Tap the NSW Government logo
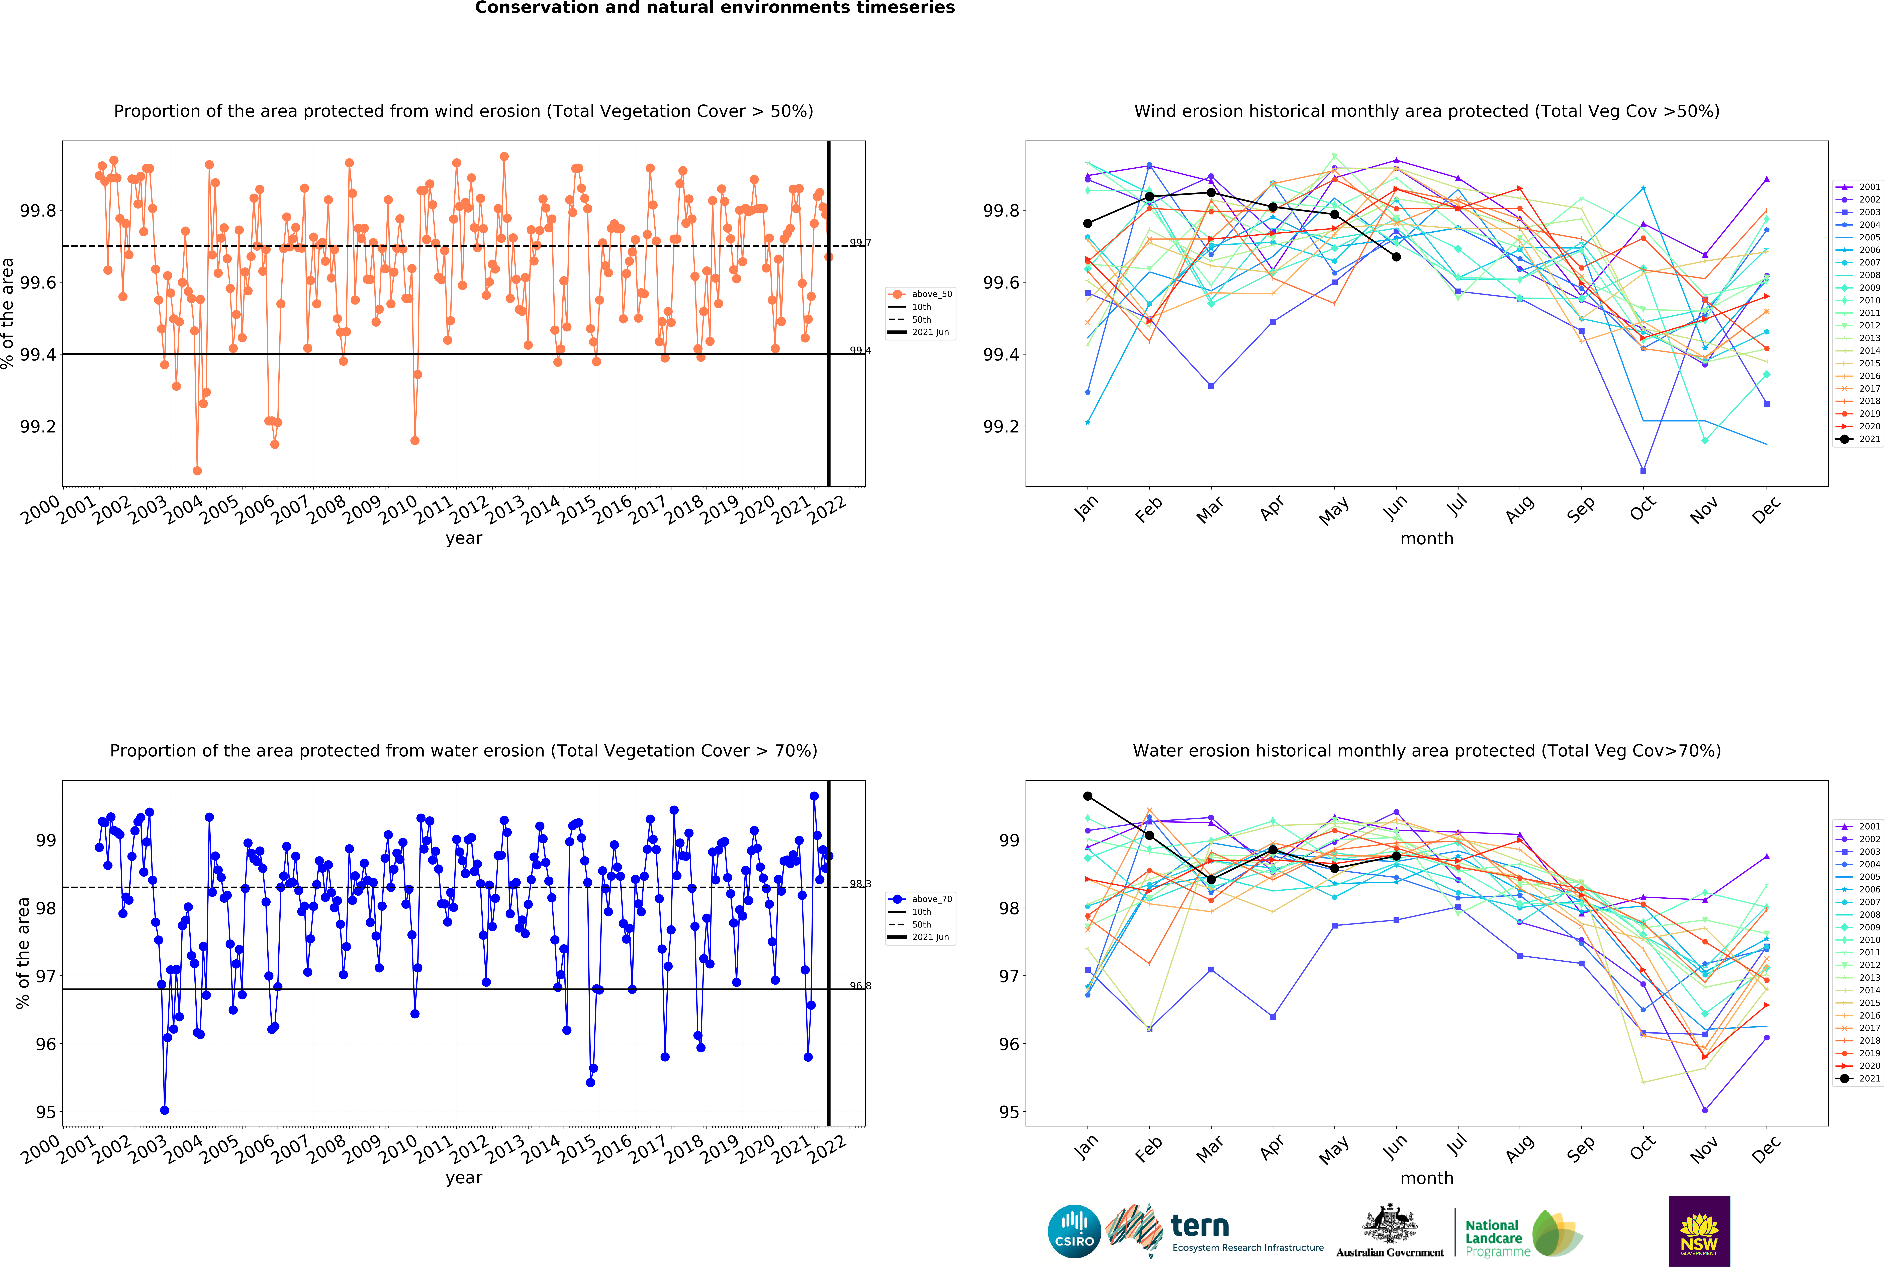pos(1699,1231)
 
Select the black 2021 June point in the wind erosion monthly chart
pos(1396,257)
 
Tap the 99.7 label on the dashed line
pos(860,242)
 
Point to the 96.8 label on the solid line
pos(860,986)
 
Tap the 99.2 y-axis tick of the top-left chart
pos(38,426)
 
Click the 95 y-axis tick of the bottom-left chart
pos(46,1112)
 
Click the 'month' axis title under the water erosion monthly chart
pos(1427,1178)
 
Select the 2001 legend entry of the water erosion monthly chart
pos(1858,826)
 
